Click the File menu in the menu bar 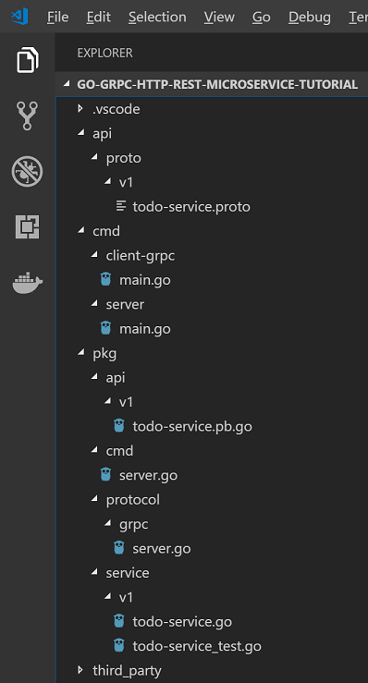(57, 17)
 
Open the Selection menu (157, 17)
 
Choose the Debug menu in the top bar (309, 17)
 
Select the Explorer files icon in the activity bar (28, 62)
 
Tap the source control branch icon (28, 116)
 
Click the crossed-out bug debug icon (28, 171)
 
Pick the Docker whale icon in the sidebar (28, 283)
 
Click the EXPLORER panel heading (104, 53)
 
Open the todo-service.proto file (190, 206)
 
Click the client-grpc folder (140, 255)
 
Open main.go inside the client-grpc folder (144, 279)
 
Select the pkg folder (104, 352)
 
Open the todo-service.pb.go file (191, 426)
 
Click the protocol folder (132, 499)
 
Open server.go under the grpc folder (161, 548)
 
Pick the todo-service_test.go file (196, 645)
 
